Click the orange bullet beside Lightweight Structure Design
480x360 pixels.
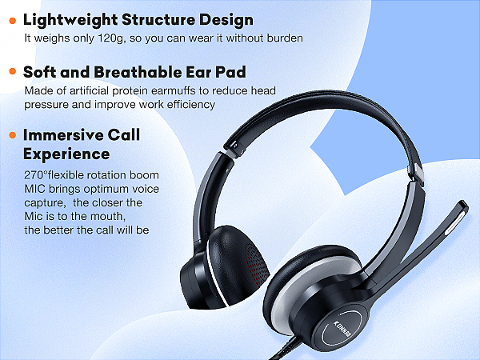tap(12, 21)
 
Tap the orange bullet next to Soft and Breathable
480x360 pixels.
tap(12, 71)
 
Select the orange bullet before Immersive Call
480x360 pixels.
tap(12, 135)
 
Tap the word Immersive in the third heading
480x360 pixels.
tap(67, 134)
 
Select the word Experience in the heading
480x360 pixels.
tap(66, 153)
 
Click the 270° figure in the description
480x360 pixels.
tap(38, 175)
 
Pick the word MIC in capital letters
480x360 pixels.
tap(36, 190)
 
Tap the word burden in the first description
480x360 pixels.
tap(282, 38)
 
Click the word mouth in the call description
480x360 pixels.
tap(125, 217)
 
